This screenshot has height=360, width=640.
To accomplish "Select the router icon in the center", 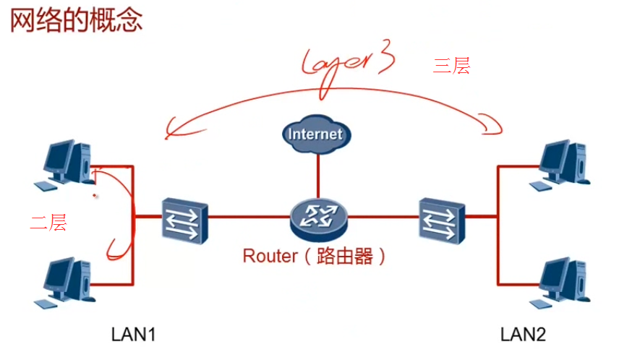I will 318,216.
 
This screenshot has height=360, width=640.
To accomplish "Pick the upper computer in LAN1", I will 68,163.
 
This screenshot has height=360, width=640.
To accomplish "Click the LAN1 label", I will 134,335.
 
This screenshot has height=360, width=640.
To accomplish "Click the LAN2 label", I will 523,335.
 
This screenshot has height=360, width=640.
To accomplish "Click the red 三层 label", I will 451,66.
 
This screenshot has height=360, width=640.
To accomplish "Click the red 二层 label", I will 48,223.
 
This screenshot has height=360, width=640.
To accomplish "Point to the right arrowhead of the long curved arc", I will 495,127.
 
